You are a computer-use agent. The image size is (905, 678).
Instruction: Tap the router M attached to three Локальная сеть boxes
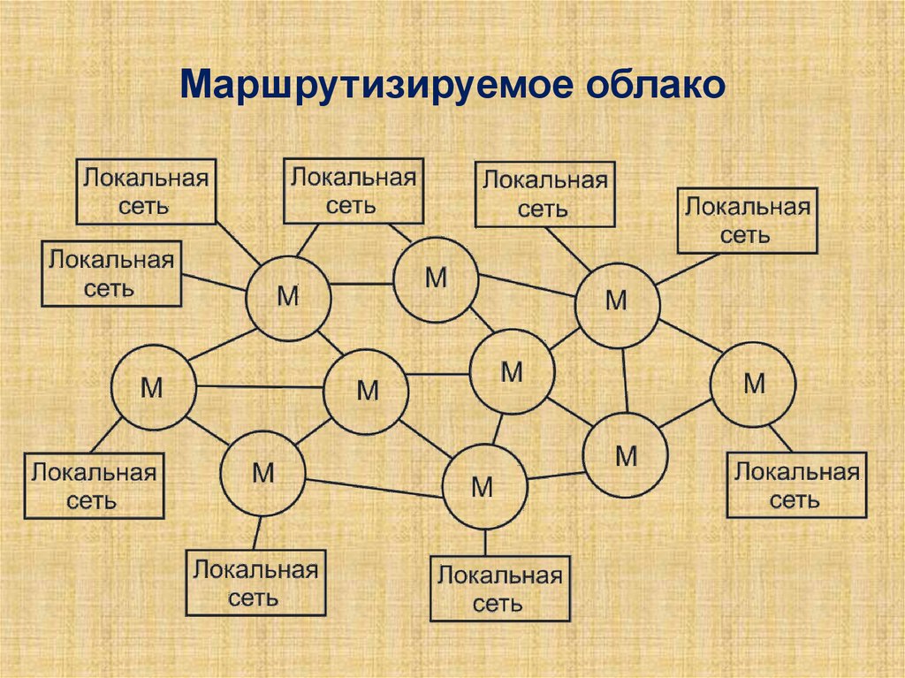[x=288, y=295]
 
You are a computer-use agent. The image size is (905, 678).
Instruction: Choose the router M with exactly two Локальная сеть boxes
[x=617, y=301]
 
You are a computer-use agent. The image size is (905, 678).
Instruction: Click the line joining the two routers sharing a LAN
[x=362, y=284]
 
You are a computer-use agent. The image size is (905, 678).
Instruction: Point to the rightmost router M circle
[x=753, y=385]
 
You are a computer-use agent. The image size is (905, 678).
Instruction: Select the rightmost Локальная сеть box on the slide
[x=795, y=485]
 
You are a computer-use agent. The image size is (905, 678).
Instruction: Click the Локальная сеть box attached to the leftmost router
[x=94, y=485]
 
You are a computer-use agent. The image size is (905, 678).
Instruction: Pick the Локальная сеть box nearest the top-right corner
[x=747, y=221]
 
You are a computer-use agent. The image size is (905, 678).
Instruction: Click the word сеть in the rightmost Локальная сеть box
[x=795, y=500]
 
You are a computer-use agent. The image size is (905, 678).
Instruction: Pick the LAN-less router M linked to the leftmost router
[x=366, y=390]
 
